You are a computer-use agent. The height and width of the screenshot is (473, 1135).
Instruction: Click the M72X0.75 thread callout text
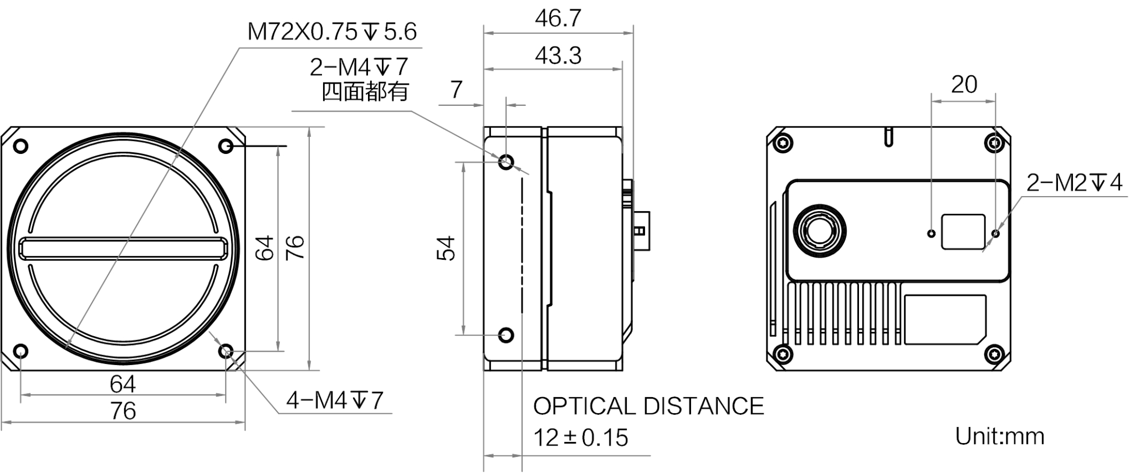coord(332,32)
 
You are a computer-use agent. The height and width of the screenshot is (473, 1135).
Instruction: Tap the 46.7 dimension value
coord(558,19)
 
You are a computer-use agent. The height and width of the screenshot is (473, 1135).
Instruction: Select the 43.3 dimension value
coord(558,56)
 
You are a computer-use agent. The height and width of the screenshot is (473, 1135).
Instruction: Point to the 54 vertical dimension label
coord(446,248)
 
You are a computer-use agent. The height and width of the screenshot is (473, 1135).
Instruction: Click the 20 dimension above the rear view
coord(964,85)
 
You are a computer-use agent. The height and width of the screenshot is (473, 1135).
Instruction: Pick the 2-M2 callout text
coord(1074,182)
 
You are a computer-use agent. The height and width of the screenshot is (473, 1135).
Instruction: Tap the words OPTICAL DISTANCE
coord(648,406)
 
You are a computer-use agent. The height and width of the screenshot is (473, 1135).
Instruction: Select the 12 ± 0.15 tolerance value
coord(581,438)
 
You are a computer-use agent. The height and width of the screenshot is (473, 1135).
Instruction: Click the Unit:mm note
coord(999,436)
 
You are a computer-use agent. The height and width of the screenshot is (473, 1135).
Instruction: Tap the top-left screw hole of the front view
coord(21,146)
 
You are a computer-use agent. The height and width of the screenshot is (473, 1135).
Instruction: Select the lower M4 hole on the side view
coord(506,335)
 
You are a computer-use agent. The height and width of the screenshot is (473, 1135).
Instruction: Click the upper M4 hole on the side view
coord(506,163)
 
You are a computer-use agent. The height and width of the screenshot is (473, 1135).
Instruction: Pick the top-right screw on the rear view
coord(995,143)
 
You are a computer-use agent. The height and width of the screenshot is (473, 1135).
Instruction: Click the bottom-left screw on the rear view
coord(782,352)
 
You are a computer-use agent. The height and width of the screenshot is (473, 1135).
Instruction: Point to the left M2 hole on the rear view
coord(932,233)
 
